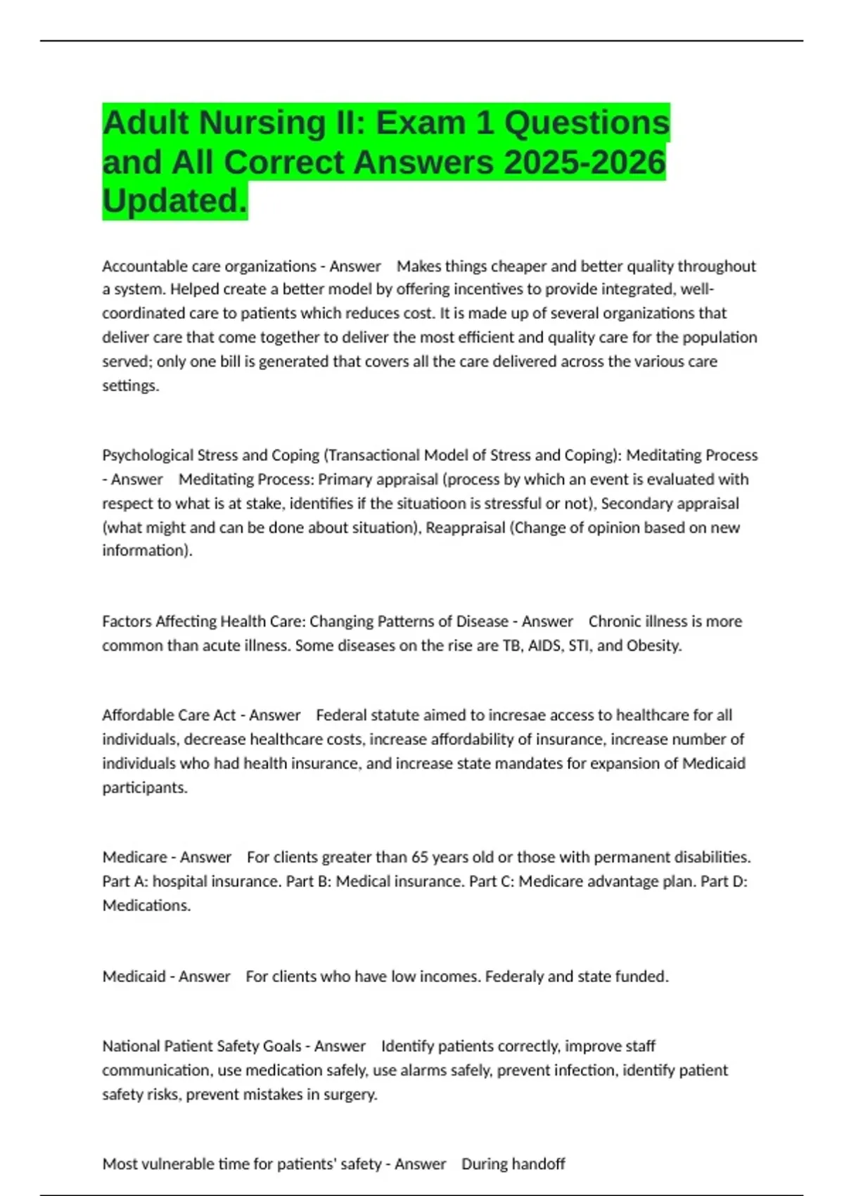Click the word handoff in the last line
(x=539, y=1164)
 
